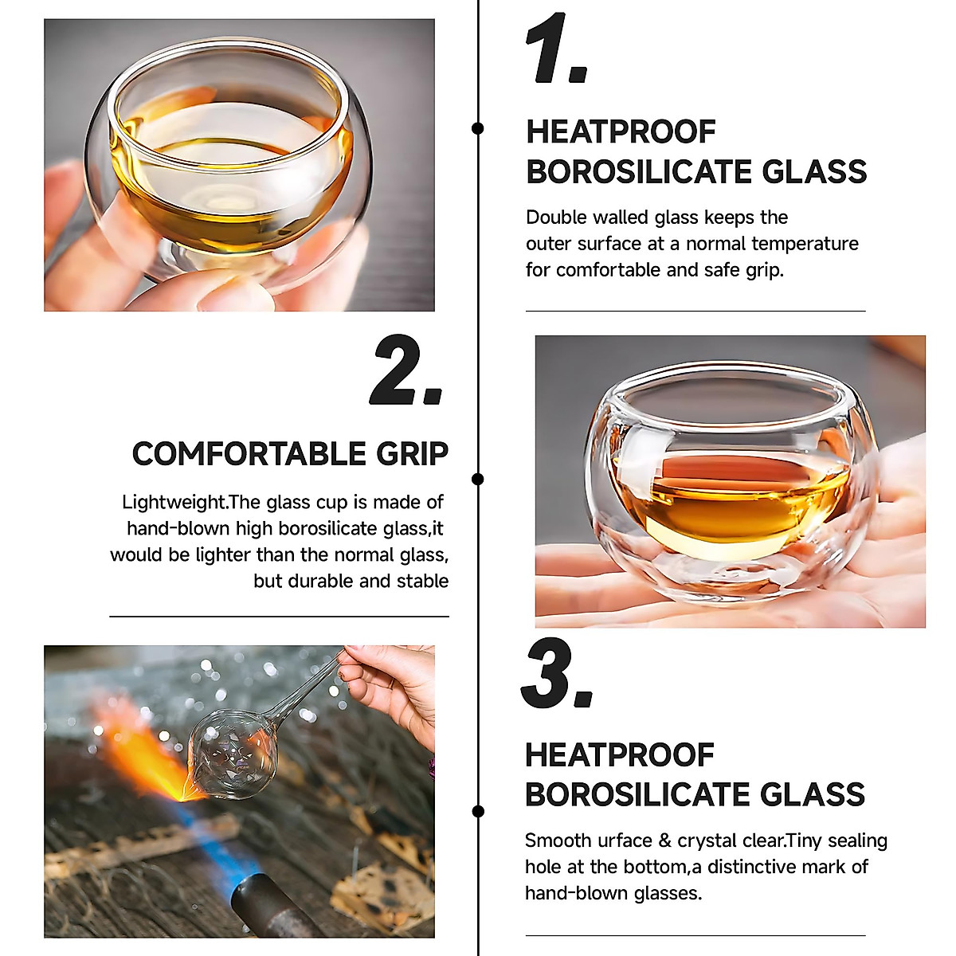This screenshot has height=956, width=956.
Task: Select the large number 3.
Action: coord(555,674)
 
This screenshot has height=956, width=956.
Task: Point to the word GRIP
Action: coord(412,454)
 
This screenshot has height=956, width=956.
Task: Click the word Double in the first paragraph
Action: coord(555,217)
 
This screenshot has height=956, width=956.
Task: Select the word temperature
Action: coord(805,244)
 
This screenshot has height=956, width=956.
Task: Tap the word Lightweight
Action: coord(174,503)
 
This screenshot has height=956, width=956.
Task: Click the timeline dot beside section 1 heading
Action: coord(478,128)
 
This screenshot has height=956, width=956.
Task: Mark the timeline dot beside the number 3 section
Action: coord(478,812)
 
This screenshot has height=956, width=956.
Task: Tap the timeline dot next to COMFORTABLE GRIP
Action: coord(478,479)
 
